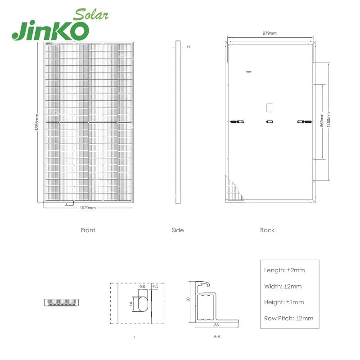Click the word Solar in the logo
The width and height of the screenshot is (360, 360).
pyautogui.click(x=91, y=14)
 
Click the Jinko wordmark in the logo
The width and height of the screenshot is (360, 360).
pyautogui.click(x=50, y=30)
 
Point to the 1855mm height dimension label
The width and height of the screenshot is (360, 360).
pyautogui.click(x=37, y=122)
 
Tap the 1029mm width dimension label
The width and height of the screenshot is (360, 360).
pyautogui.click(x=88, y=208)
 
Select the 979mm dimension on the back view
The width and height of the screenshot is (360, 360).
pyautogui.click(x=269, y=34)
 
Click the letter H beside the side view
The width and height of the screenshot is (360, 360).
pyautogui.click(x=189, y=47)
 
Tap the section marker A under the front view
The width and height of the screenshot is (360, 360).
pyautogui.click(x=66, y=205)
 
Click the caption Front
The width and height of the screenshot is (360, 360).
pyautogui.click(x=88, y=230)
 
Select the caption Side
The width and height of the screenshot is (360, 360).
pyautogui.click(x=178, y=230)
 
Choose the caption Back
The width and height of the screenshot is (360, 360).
pyautogui.click(x=267, y=230)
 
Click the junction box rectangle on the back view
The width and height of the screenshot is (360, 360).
pyautogui.click(x=270, y=108)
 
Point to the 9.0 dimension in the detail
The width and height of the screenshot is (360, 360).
pyautogui.click(x=142, y=286)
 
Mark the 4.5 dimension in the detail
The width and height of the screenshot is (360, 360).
pyautogui.click(x=156, y=286)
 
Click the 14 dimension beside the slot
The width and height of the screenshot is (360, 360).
pyautogui.click(x=131, y=304)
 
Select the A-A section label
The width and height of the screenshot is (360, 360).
pyautogui.click(x=216, y=336)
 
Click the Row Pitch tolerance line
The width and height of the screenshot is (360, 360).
pyautogui.click(x=288, y=318)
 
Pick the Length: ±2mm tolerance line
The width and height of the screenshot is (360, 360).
pyautogui.click(x=284, y=270)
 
